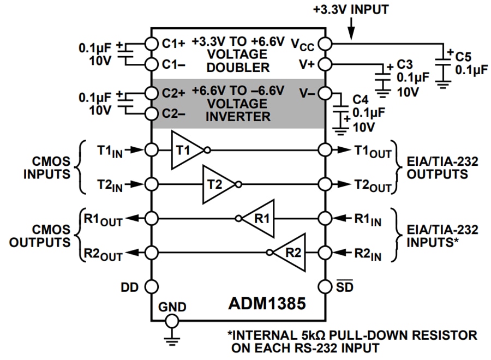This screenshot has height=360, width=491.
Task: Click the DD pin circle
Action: (x=151, y=286)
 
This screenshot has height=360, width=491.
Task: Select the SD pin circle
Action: (x=325, y=286)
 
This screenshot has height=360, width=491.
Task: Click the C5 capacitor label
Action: (x=463, y=56)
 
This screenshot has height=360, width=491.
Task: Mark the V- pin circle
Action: (x=325, y=92)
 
